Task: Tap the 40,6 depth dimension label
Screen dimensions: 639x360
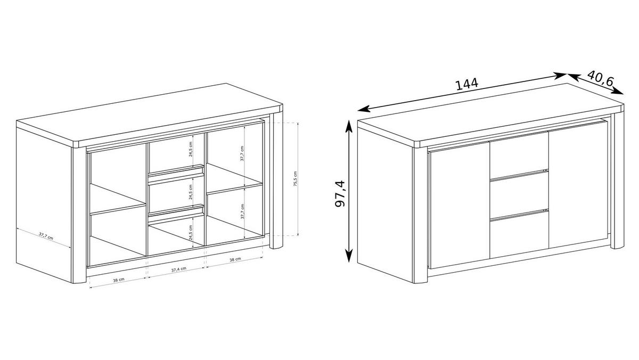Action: click(601, 78)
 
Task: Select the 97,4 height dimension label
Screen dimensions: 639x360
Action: click(340, 194)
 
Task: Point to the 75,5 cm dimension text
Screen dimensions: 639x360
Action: click(295, 179)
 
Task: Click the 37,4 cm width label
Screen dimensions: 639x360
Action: click(178, 269)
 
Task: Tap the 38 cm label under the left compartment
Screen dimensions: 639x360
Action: click(118, 280)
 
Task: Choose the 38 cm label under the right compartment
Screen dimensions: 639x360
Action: click(235, 259)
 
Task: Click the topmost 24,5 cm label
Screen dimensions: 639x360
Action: click(191, 149)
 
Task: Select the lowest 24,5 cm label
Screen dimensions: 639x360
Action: click(191, 233)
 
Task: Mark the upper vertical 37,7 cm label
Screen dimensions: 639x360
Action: click(242, 153)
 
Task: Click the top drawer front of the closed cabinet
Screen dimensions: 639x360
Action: click(519, 155)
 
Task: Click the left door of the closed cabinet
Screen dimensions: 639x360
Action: click(460, 206)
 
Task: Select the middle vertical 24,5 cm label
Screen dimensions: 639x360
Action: click(191, 192)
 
